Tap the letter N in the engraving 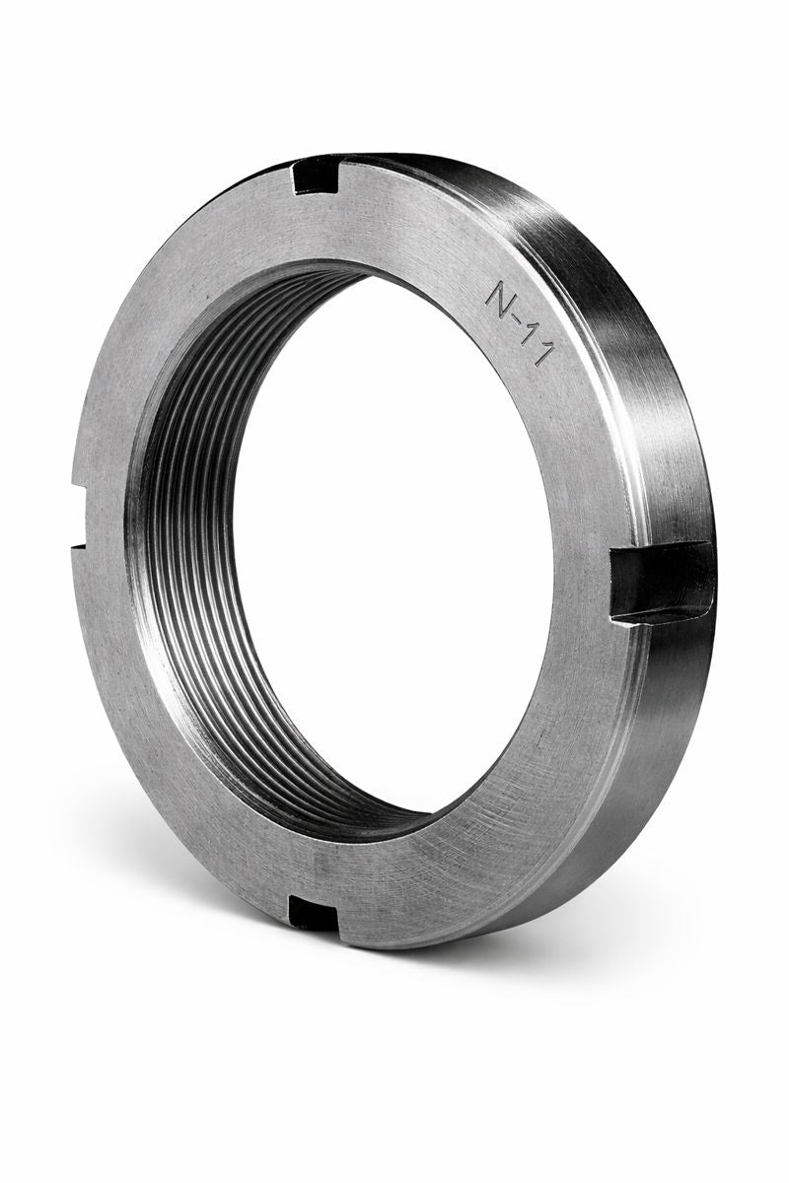(500, 294)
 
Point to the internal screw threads (187, 552)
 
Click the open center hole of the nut (394, 542)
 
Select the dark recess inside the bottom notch (314, 916)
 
